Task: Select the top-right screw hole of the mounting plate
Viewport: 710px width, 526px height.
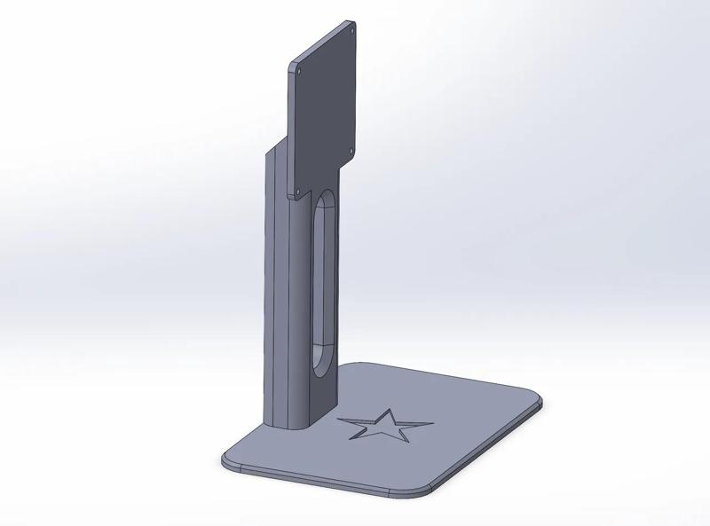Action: (348, 27)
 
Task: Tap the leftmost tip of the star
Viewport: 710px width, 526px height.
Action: (340, 420)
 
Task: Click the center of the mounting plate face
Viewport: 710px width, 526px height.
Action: (327, 110)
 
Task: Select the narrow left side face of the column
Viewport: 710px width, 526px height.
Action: (270, 284)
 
